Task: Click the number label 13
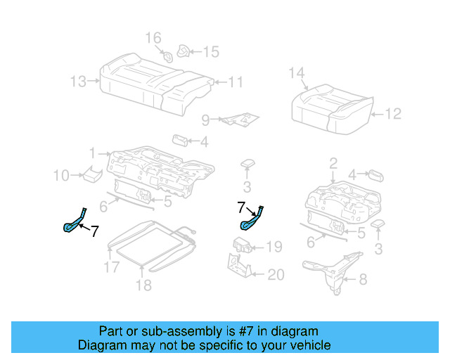tap(79, 82)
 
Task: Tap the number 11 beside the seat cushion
tap(235, 82)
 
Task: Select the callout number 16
tap(153, 38)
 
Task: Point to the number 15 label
tap(211, 51)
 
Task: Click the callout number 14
tap(297, 72)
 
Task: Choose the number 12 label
tap(393, 113)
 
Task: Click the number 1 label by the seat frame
tap(92, 153)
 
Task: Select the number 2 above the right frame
tap(333, 164)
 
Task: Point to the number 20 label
tap(276, 274)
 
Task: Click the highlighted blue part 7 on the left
tap(75, 220)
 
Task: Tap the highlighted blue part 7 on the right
tap(252, 218)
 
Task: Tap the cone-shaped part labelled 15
tap(184, 51)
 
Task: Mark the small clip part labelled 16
tap(168, 56)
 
